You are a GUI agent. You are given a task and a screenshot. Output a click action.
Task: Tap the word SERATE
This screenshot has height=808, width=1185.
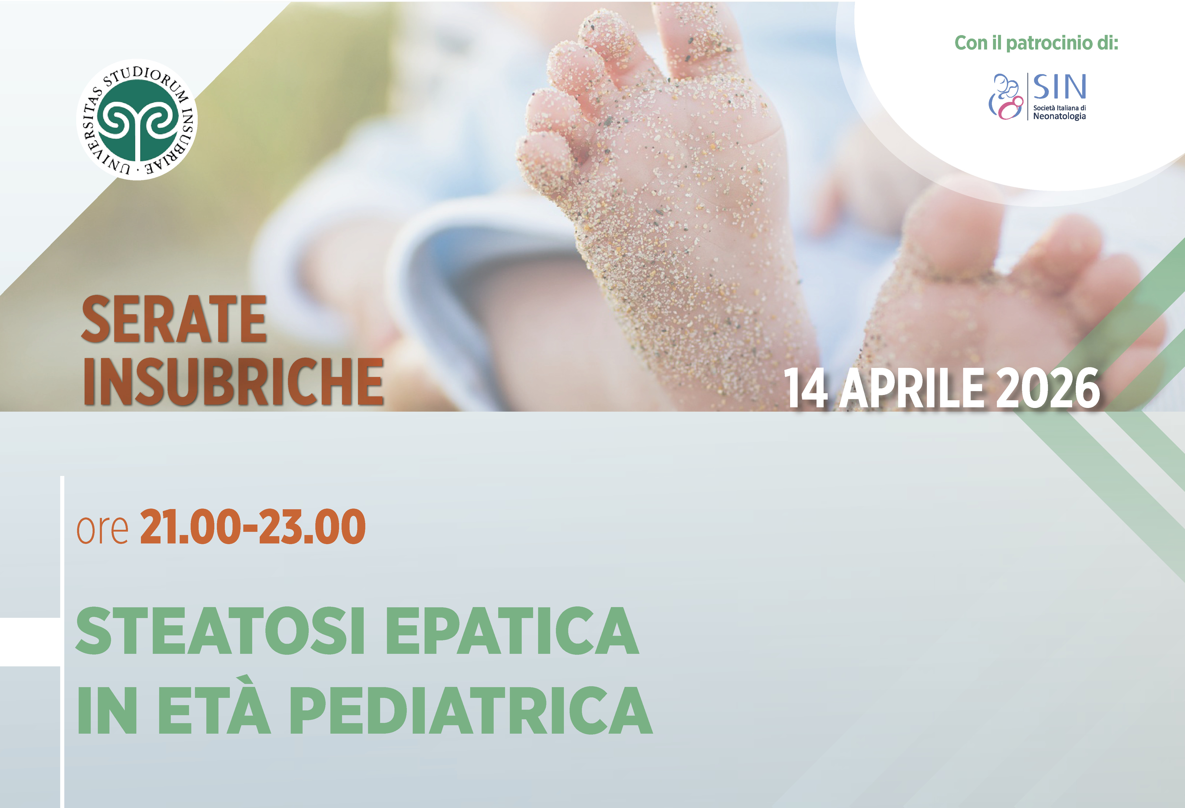pyautogui.click(x=174, y=320)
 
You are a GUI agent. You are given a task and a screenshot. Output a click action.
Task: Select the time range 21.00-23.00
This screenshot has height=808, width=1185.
pyautogui.click(x=252, y=526)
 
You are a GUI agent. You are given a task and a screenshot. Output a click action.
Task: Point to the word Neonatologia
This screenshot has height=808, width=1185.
pyautogui.click(x=1059, y=116)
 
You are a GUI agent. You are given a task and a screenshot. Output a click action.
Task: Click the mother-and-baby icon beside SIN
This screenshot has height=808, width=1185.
pyautogui.click(x=1006, y=97)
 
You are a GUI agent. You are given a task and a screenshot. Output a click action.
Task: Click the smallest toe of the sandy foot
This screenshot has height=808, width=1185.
pyautogui.click(x=540, y=153)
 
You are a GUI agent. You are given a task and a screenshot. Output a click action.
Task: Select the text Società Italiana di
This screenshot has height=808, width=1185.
pyautogui.click(x=1059, y=108)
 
